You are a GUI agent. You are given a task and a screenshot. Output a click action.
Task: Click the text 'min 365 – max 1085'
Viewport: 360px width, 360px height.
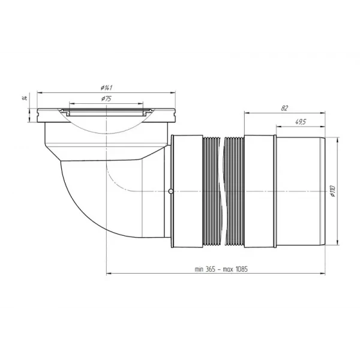point(221,269)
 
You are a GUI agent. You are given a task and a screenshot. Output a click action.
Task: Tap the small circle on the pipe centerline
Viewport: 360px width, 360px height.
point(172,191)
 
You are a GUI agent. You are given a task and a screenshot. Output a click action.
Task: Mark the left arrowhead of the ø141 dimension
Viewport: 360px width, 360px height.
point(39,92)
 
